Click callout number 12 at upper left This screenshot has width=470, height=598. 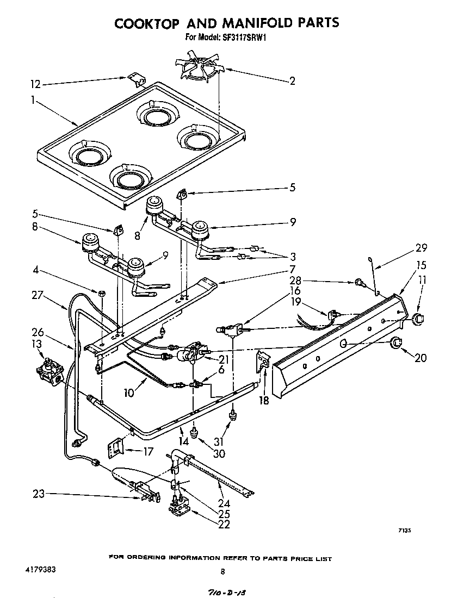35,84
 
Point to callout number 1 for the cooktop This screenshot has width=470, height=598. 33,100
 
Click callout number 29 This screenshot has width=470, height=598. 421,247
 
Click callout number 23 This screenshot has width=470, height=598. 39,494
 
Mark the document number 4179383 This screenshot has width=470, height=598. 40,570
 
